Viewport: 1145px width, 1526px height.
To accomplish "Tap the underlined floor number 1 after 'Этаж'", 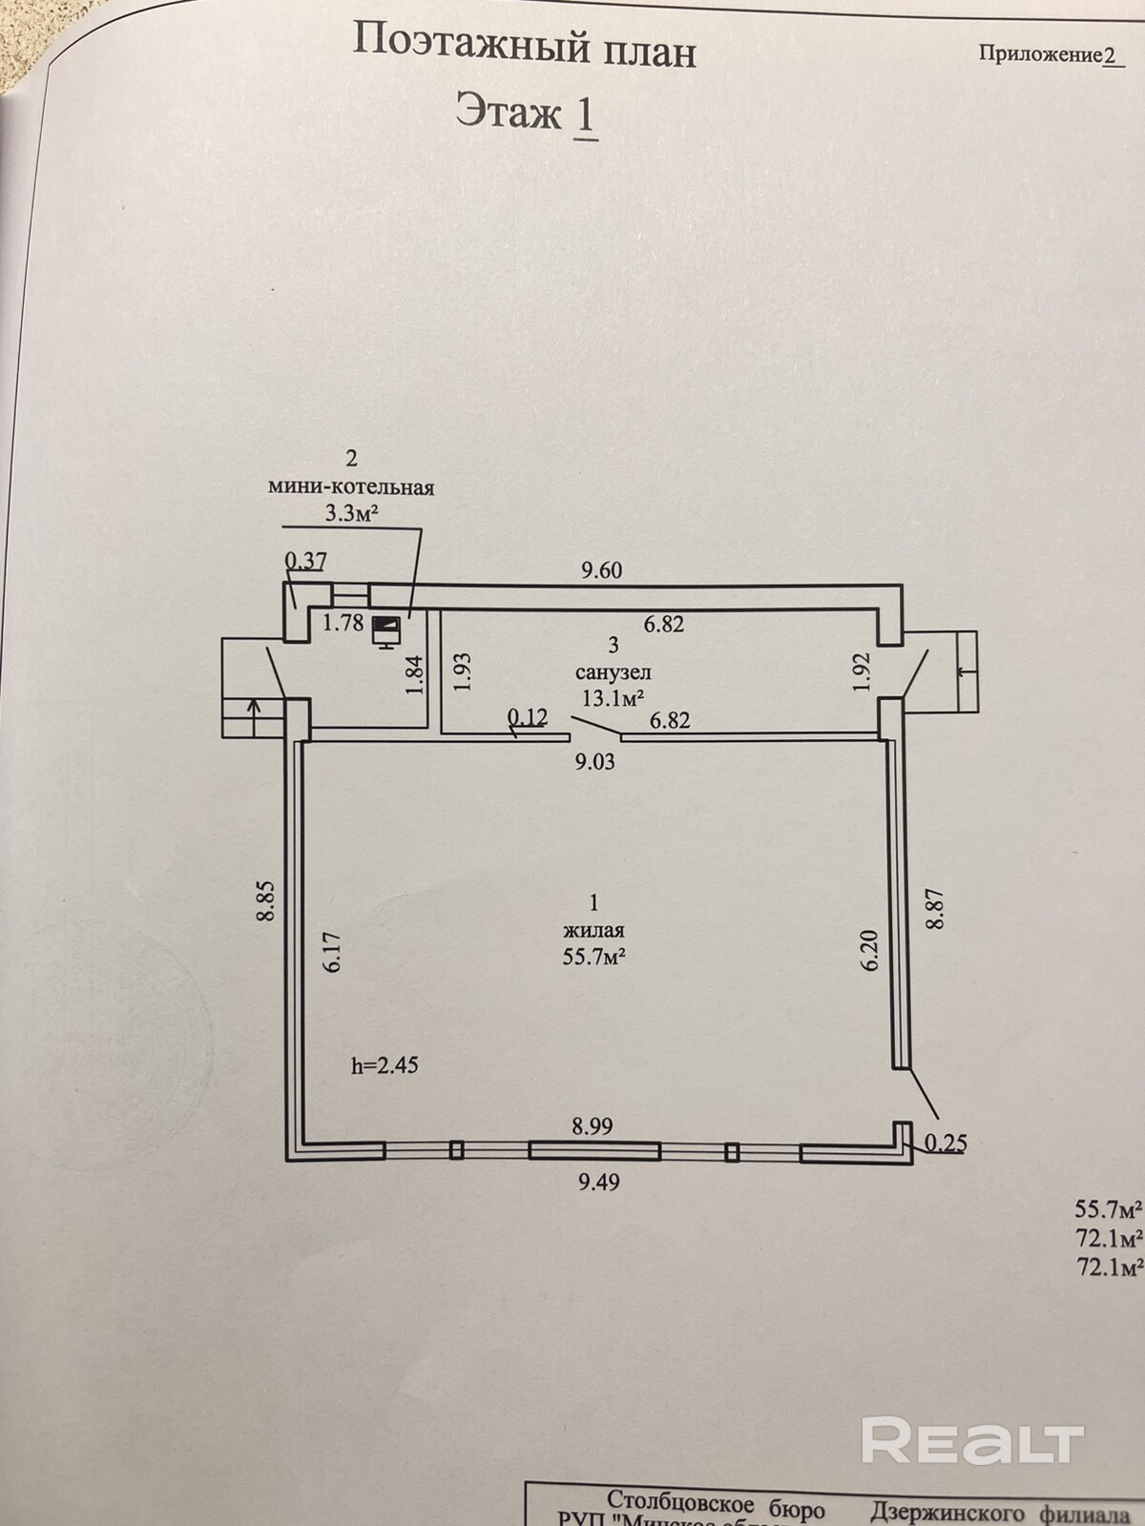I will pos(584,114).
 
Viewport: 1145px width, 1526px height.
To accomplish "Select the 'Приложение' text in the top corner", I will pos(1040,54).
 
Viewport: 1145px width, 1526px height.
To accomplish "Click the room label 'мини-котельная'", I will pos(351,487).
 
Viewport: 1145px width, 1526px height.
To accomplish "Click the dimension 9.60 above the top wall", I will pos(602,570).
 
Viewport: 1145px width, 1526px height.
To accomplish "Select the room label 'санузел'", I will pos(614,671).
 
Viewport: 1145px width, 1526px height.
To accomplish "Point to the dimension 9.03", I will pos(593,761).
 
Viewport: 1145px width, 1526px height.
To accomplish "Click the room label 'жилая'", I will pos(593,930).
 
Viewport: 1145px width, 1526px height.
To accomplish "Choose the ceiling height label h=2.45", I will pos(385,1065).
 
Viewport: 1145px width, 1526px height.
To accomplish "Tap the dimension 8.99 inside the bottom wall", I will pos(592,1126).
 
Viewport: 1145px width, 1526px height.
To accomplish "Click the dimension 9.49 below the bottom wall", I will pos(599,1183).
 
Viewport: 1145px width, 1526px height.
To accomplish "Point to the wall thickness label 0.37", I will pos(305,562).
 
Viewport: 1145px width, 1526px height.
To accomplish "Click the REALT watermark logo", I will pos(972,1439).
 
